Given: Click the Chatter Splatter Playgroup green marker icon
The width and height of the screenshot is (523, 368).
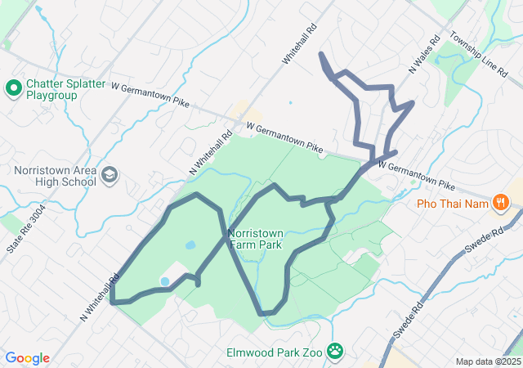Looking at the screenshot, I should (x=13, y=88).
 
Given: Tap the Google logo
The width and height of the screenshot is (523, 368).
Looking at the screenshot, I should (x=27, y=358).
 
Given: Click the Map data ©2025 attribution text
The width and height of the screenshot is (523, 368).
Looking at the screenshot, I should (x=487, y=361).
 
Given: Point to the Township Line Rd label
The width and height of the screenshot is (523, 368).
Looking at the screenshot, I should (x=478, y=56).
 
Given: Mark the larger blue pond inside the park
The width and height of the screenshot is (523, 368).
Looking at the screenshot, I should (x=190, y=245).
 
